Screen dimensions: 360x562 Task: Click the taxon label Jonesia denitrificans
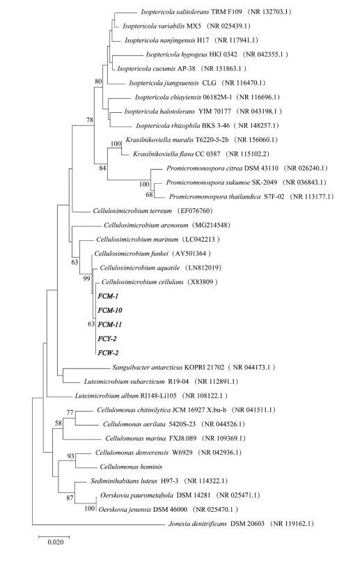198,524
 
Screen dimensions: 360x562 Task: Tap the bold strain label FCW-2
108,353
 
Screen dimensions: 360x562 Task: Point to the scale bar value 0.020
56,542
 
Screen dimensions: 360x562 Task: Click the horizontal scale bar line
54,536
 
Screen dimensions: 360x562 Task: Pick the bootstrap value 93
71,456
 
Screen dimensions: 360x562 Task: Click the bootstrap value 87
70,498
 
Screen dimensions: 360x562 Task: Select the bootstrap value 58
58,423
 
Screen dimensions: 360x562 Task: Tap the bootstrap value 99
86,278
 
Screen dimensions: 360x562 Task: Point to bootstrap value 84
102,168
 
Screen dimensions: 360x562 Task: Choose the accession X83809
203,282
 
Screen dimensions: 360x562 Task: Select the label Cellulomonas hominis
131,467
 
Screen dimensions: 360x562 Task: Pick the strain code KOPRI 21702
205,368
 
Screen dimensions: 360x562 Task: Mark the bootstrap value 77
70,413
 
